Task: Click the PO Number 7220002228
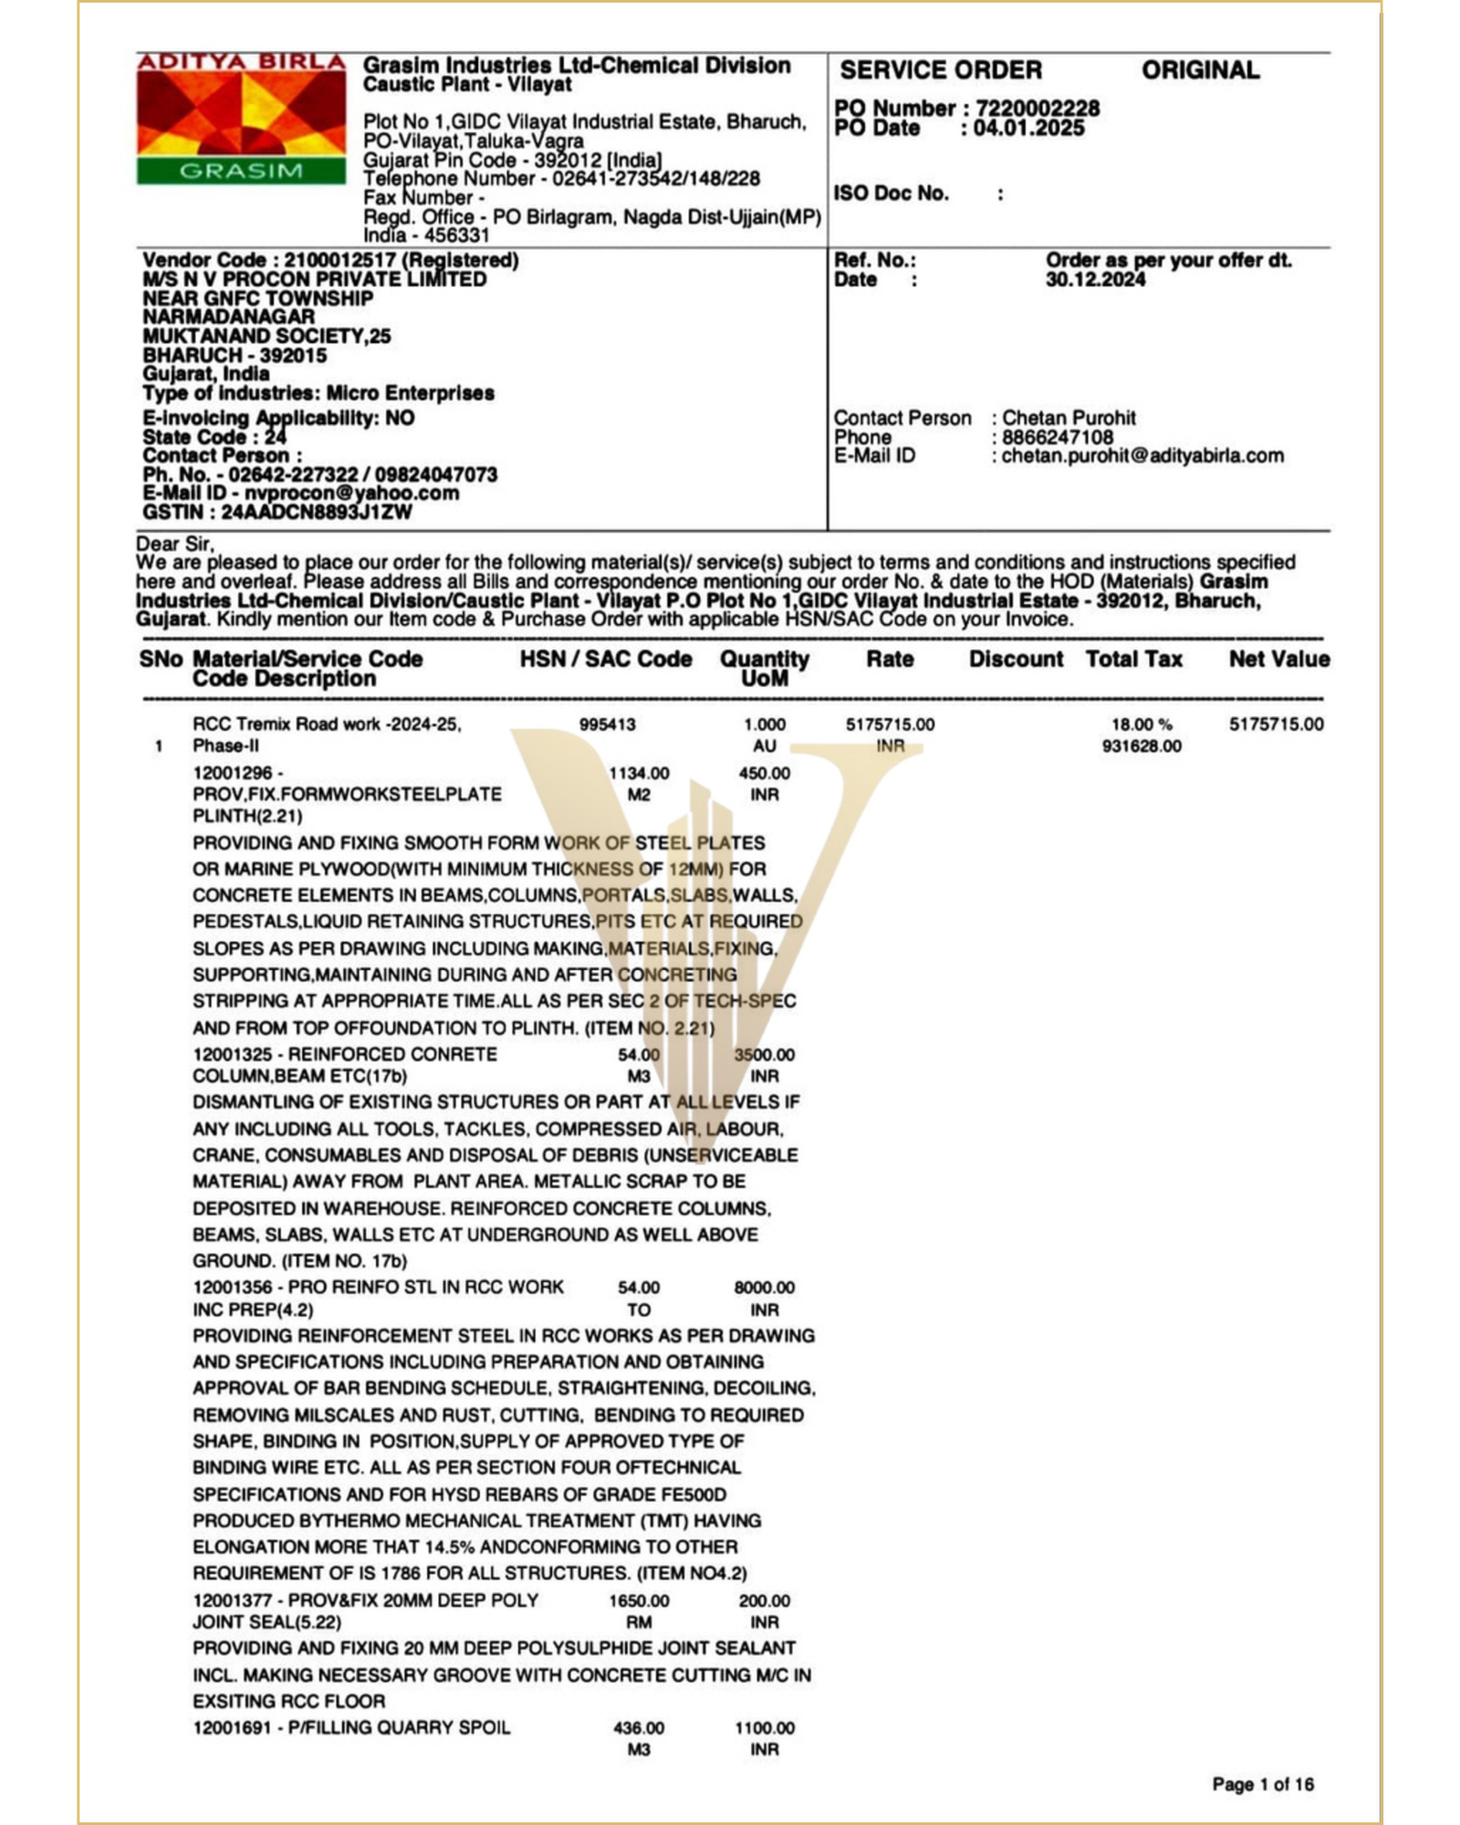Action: point(1038,109)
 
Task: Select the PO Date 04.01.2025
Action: point(1028,128)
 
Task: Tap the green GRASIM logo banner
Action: point(241,171)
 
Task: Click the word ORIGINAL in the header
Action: point(1200,70)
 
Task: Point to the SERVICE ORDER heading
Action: point(940,70)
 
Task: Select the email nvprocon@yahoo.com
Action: point(351,493)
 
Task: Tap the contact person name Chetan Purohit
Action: point(1069,418)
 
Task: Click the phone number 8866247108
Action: point(1057,437)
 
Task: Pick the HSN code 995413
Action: point(607,725)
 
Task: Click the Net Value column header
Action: point(1278,659)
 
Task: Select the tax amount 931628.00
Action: point(1141,746)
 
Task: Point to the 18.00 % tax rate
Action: point(1141,725)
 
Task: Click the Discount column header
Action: point(1016,659)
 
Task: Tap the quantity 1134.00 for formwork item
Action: point(639,773)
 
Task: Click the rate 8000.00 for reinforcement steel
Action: point(764,1288)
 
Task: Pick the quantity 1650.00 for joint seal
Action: point(639,1601)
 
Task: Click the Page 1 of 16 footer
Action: point(1263,1784)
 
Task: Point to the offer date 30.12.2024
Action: point(1095,279)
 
